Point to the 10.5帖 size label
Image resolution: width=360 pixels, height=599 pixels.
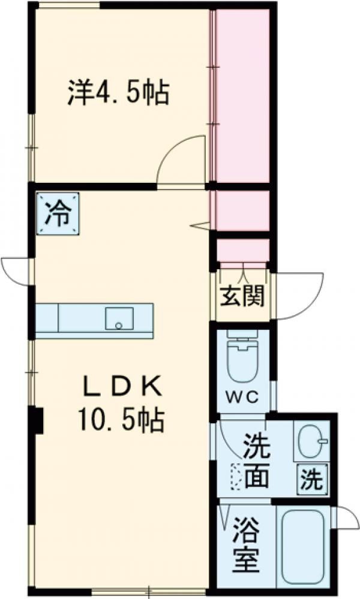pos(120,421)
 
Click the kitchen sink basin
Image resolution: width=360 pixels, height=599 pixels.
pos(119,318)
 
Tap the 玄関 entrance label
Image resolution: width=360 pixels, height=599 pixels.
pos(242,296)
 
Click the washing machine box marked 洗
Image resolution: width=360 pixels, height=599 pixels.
pos(312,480)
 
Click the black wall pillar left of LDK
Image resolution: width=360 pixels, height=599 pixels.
pos(37,420)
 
